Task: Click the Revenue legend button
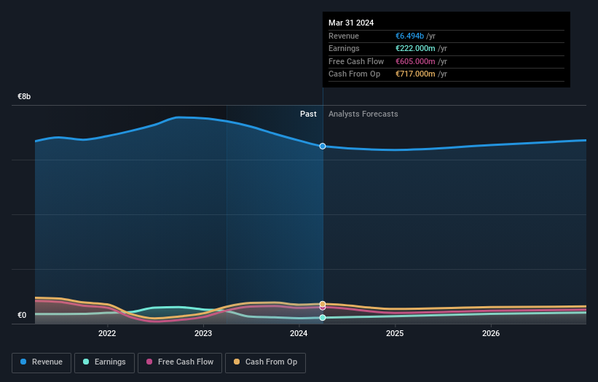point(42,362)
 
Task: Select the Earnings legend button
point(104,362)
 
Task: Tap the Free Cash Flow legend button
point(180,362)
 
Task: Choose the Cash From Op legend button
point(265,362)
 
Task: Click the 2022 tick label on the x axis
point(107,334)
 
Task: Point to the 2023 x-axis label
point(203,334)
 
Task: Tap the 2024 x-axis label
point(299,334)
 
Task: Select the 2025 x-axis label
point(395,334)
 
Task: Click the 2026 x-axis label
point(491,334)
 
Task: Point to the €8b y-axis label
point(25,96)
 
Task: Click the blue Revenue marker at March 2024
point(323,147)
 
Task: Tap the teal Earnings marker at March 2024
point(323,318)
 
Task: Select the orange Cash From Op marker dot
point(323,303)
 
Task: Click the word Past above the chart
point(308,114)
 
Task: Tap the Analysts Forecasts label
point(363,114)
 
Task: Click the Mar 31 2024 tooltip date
point(351,23)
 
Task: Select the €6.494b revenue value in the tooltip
point(410,36)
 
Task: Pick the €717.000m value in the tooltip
point(415,74)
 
